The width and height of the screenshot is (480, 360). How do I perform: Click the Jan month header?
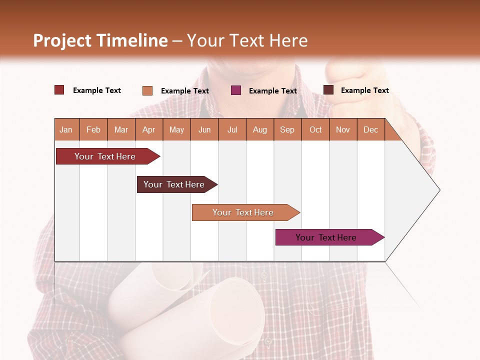tap(66, 129)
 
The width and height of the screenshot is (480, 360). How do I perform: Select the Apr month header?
tap(149, 129)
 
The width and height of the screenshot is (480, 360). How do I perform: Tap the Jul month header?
tap(232, 129)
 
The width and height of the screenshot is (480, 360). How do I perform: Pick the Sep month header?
tap(287, 129)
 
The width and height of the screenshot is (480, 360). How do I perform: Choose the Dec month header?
tap(370, 129)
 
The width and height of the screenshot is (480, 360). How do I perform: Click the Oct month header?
tap(315, 129)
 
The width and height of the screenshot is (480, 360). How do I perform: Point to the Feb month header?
tap(93, 129)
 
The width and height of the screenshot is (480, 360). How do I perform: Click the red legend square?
tap(59, 90)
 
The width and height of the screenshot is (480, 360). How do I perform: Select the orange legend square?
tap(147, 90)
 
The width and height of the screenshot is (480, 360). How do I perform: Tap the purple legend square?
tap(236, 90)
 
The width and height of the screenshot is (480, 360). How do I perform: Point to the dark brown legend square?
tap(328, 90)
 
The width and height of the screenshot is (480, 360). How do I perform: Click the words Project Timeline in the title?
tap(100, 40)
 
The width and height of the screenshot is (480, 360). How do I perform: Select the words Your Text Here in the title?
tap(247, 40)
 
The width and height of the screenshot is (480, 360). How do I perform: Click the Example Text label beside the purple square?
tap(273, 91)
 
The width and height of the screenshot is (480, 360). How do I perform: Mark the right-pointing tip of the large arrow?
tap(439, 190)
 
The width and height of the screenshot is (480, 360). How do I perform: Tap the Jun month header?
tap(204, 129)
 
